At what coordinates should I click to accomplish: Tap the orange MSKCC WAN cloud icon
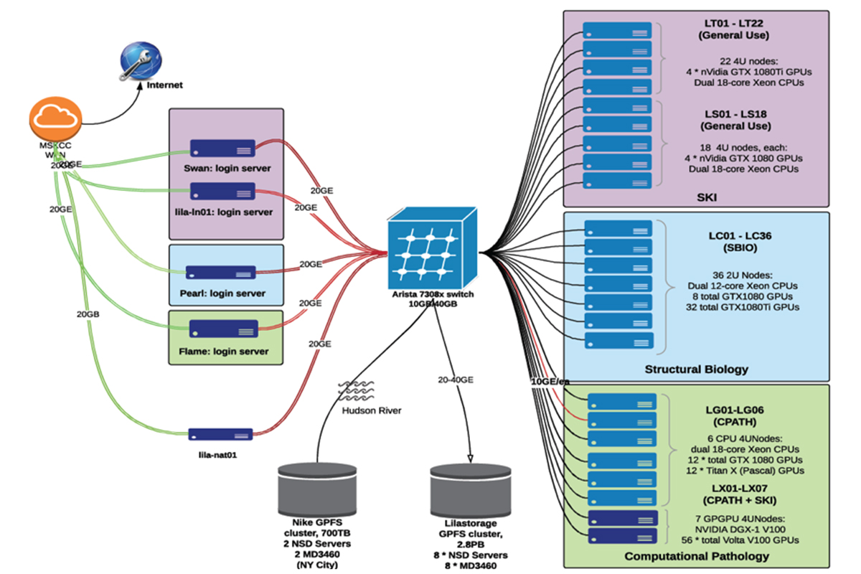(x=54, y=121)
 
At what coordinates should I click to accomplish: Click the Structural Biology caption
(x=696, y=370)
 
